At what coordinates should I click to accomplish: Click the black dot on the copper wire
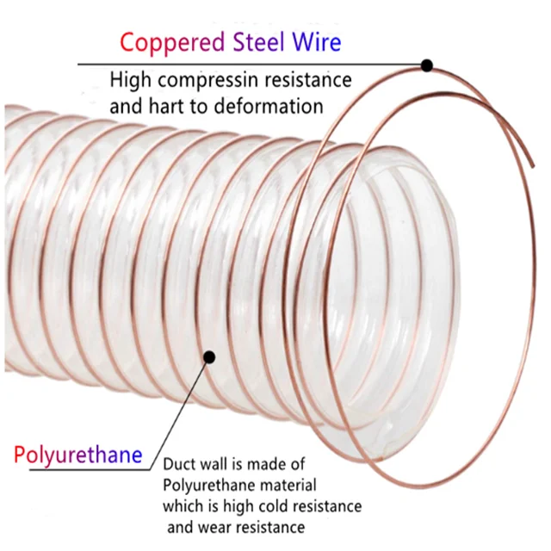(x=427, y=65)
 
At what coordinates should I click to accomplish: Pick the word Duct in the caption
(x=179, y=463)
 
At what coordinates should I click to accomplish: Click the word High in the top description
(x=130, y=81)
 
